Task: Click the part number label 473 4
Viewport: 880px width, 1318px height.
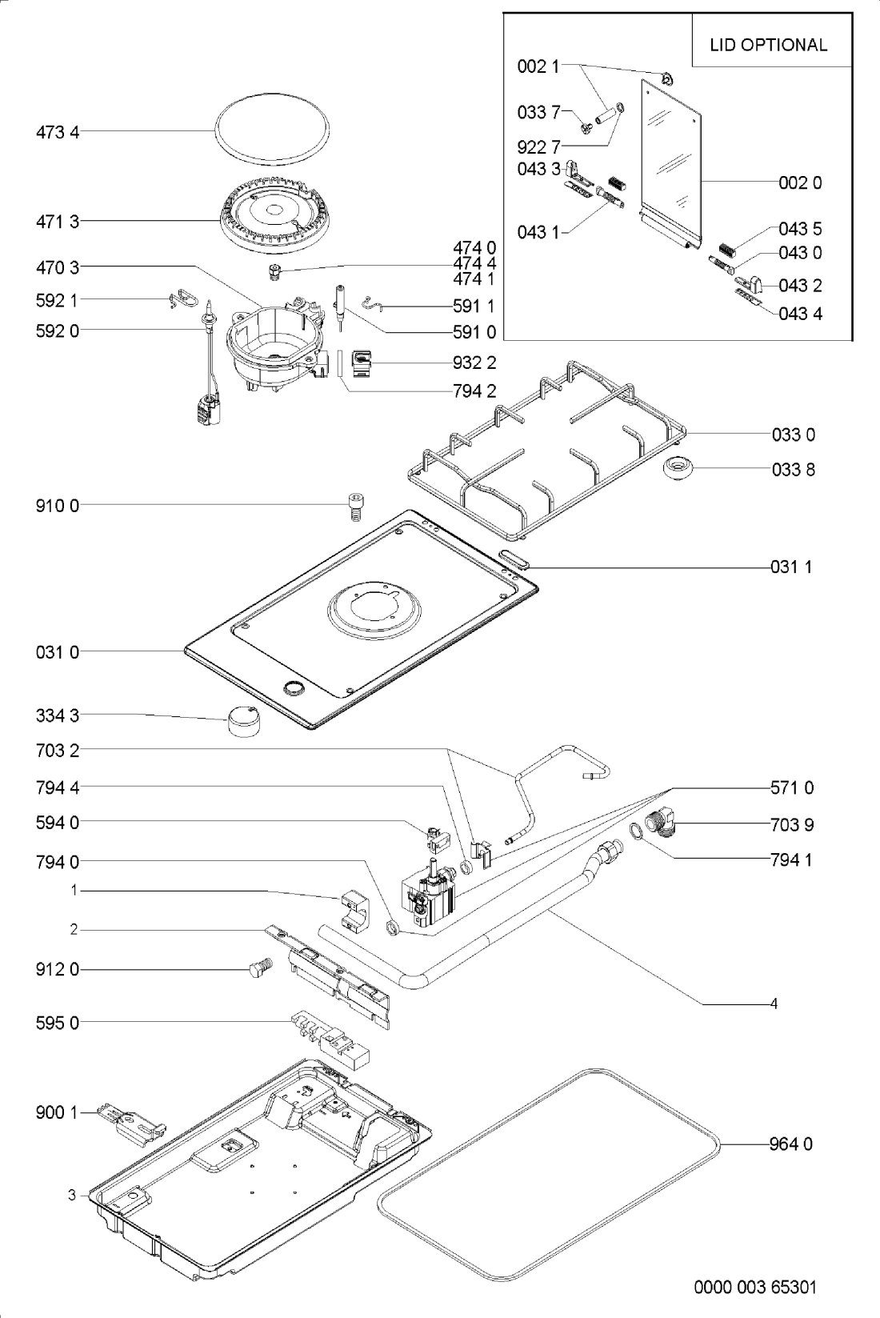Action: [58, 132]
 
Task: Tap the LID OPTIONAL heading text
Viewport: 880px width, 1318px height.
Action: [768, 45]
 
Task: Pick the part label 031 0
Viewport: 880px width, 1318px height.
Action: [58, 652]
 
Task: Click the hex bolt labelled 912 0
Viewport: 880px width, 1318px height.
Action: [260, 969]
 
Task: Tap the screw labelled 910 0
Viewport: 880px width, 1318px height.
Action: [355, 506]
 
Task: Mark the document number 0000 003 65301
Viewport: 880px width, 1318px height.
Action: [755, 1288]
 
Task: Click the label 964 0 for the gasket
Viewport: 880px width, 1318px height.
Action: [790, 1144]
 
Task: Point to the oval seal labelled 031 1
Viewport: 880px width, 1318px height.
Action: [512, 559]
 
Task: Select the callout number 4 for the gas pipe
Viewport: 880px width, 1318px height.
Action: [774, 1003]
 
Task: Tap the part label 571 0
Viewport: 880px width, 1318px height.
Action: [792, 788]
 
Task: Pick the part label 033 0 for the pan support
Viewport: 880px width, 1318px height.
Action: [794, 435]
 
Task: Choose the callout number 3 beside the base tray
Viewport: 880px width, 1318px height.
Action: [72, 1195]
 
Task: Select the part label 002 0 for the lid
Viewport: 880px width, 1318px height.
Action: [800, 182]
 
